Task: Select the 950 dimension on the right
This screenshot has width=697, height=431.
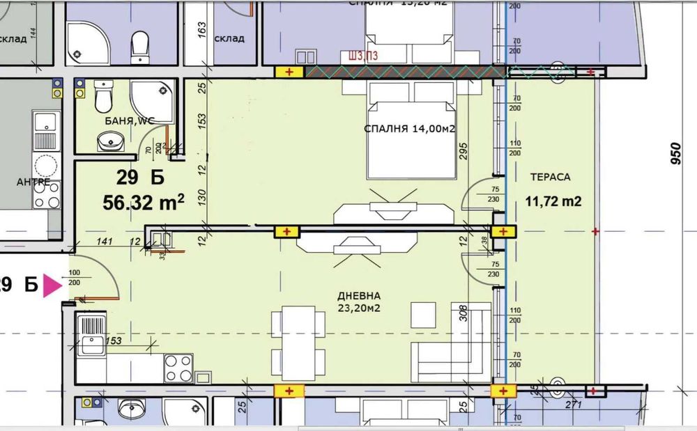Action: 675,156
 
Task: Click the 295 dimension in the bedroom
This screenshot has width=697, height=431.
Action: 462,151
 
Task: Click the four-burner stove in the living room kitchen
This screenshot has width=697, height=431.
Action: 178,368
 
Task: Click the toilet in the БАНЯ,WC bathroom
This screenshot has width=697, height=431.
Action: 103,97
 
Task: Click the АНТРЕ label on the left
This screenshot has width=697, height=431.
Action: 33,182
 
